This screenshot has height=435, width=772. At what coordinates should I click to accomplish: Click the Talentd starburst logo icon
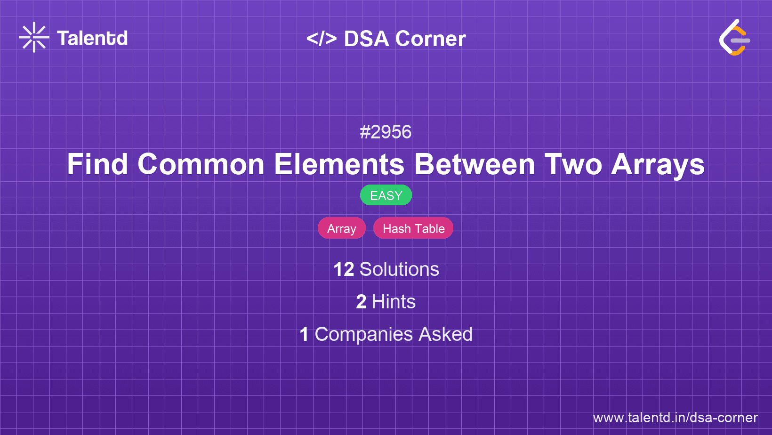pos(34,37)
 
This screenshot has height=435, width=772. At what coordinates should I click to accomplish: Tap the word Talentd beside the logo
pos(92,38)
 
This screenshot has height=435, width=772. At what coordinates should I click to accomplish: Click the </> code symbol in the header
pos(322,39)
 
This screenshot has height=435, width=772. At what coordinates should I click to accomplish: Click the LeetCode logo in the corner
pos(734,38)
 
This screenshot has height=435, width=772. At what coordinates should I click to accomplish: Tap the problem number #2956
pos(386,132)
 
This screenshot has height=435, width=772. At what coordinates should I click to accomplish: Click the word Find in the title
pos(97,164)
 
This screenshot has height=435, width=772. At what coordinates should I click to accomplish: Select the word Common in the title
pos(201,164)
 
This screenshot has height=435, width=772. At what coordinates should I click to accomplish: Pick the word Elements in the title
pos(339,164)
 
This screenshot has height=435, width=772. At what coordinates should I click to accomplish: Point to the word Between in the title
pos(474,164)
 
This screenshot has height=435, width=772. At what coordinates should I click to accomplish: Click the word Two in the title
pos(573,164)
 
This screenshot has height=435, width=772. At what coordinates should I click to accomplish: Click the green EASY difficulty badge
pos(386,195)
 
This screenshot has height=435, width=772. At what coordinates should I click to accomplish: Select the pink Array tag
pos(342,228)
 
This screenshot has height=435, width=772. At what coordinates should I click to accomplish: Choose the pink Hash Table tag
pos(413,228)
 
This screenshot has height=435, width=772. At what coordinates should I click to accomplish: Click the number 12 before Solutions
pos(344,269)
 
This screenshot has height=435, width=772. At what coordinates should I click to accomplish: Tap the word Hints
pos(394,302)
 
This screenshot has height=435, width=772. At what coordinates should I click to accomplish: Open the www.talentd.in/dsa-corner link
pos(675,418)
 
